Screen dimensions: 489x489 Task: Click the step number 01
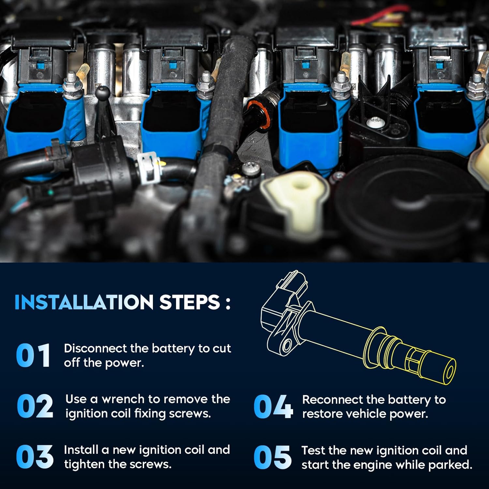click(x=33, y=355)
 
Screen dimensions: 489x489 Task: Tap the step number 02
click(x=35, y=406)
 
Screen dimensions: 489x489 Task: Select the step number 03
click(x=35, y=457)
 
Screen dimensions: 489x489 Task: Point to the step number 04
click(x=273, y=406)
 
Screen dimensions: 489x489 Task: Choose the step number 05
click(x=273, y=457)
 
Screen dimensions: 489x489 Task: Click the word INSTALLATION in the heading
click(x=84, y=302)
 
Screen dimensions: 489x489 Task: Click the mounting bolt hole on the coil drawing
click(x=287, y=345)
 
